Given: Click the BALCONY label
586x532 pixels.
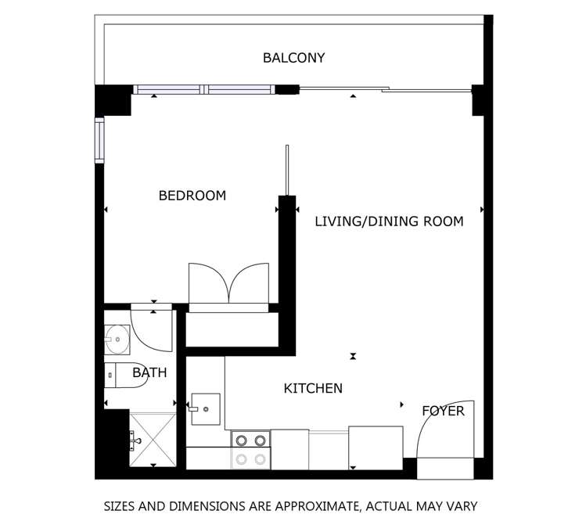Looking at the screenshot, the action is (293, 58).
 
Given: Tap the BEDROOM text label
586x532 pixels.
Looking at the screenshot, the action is (192, 196).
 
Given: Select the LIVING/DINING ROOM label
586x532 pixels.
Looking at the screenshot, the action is (389, 221).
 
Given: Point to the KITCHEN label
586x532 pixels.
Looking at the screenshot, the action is (313, 388).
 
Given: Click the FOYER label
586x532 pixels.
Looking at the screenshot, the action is (443, 411).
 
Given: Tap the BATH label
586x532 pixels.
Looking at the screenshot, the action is (149, 372).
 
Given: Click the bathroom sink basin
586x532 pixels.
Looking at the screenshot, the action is (117, 340).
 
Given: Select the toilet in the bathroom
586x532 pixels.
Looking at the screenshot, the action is (126, 375).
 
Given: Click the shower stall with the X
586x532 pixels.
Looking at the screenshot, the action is (153, 440).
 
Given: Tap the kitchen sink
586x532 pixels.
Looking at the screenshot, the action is (206, 409).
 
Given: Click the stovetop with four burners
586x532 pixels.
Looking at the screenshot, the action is (251, 450).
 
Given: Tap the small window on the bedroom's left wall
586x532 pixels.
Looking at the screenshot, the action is (99, 140).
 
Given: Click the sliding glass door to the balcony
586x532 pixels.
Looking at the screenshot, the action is (385, 90).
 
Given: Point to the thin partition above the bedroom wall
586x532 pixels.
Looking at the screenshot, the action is (287, 171).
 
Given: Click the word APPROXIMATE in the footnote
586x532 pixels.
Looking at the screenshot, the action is (318, 507).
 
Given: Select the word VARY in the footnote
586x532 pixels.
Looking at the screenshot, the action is (463, 507).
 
